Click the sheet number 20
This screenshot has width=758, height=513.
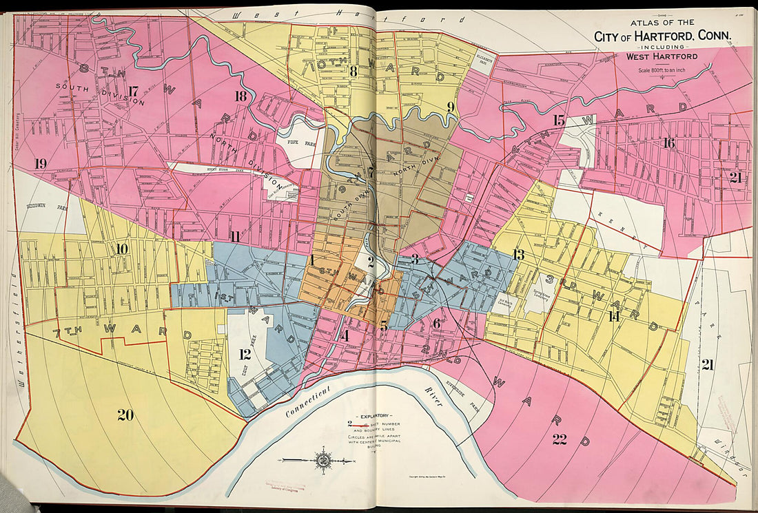tap(125, 415)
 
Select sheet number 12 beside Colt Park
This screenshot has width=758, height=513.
tap(245, 355)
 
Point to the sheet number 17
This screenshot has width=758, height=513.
tap(133, 90)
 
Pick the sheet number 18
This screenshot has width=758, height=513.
tap(240, 96)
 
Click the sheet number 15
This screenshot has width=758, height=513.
tap(559, 121)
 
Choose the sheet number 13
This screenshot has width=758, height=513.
tap(518, 255)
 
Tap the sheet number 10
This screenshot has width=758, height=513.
tap(122, 249)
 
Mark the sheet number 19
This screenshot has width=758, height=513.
tap(41, 163)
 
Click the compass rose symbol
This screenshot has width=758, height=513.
tap(322, 459)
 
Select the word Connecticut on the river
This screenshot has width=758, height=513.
tap(311, 404)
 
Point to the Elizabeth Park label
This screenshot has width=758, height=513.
tap(485, 62)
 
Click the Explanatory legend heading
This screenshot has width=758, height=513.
tap(372, 417)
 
